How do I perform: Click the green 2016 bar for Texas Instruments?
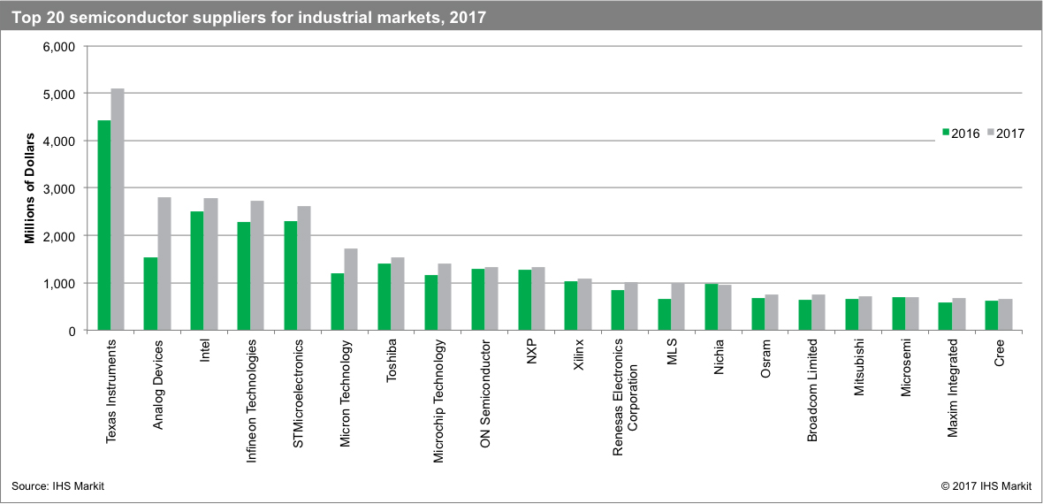click(x=103, y=225)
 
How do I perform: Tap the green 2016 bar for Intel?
click(x=197, y=271)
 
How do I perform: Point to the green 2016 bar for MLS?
click(x=665, y=315)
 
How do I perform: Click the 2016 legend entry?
click(x=959, y=134)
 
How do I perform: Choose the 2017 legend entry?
click(x=1004, y=134)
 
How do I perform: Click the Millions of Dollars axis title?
click(x=29, y=188)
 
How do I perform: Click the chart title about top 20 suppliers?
click(x=249, y=17)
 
